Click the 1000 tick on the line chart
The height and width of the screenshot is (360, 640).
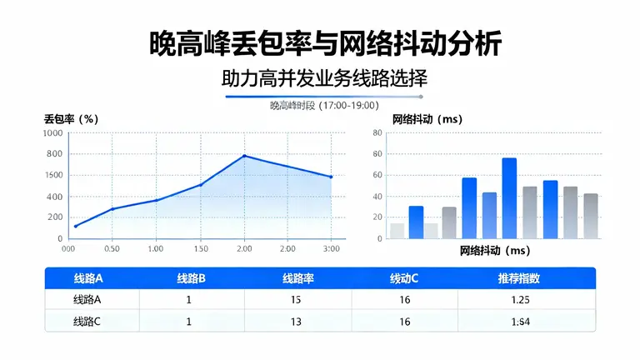click(x=52, y=132)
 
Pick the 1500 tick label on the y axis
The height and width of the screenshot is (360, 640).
click(x=52, y=175)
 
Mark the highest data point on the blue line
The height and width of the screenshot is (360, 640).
click(x=244, y=156)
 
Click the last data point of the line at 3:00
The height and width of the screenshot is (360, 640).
click(x=331, y=177)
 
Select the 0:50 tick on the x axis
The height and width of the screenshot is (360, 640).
click(x=112, y=249)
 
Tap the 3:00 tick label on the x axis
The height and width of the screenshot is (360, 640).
click(x=331, y=249)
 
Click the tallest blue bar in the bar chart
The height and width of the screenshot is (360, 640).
click(x=509, y=198)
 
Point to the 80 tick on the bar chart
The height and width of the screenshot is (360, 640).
click(x=377, y=132)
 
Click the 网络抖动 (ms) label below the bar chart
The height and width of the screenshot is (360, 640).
click(x=495, y=251)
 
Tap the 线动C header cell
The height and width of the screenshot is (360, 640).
click(x=404, y=278)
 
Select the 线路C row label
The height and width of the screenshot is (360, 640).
click(x=87, y=322)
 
